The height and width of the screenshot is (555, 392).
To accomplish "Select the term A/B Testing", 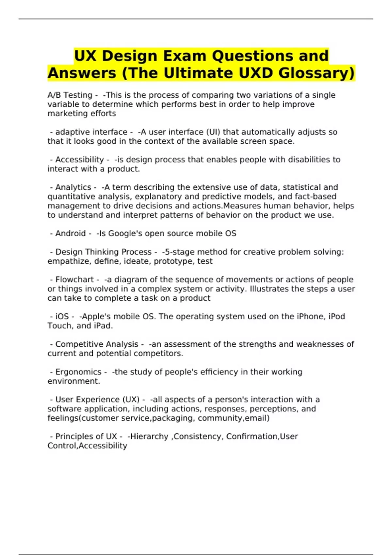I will tap(70, 95).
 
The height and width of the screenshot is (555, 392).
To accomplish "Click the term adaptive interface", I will tap(91, 132).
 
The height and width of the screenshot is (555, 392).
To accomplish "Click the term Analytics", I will tap(73, 187).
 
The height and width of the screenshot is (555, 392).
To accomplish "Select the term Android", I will tap(71, 233).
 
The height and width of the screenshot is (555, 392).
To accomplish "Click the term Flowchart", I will tap(75, 280).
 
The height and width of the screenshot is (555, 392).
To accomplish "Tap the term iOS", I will tap(62, 317).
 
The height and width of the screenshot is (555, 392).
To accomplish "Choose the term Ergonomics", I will tap(78, 372).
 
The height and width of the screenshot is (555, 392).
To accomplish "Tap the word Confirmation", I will tap(252, 436).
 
